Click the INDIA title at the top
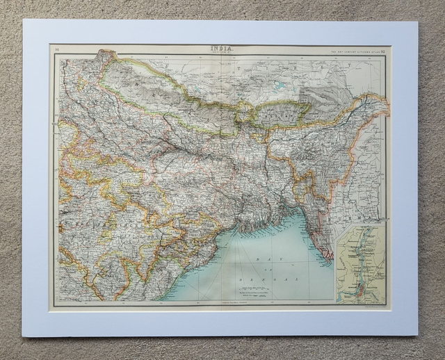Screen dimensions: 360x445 (222, 48)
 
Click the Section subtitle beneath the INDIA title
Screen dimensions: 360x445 (222, 53)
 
